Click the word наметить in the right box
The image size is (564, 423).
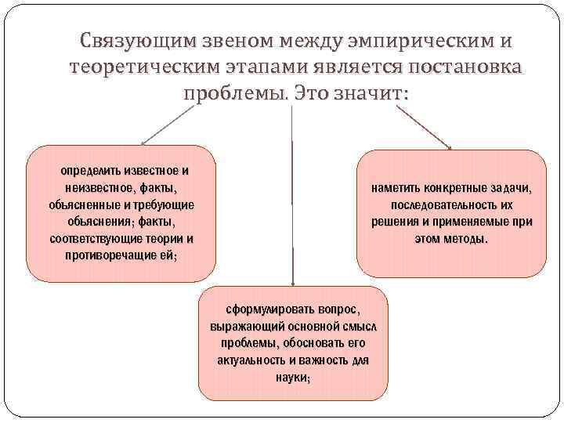point(397,189)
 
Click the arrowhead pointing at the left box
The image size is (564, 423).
point(143,143)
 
